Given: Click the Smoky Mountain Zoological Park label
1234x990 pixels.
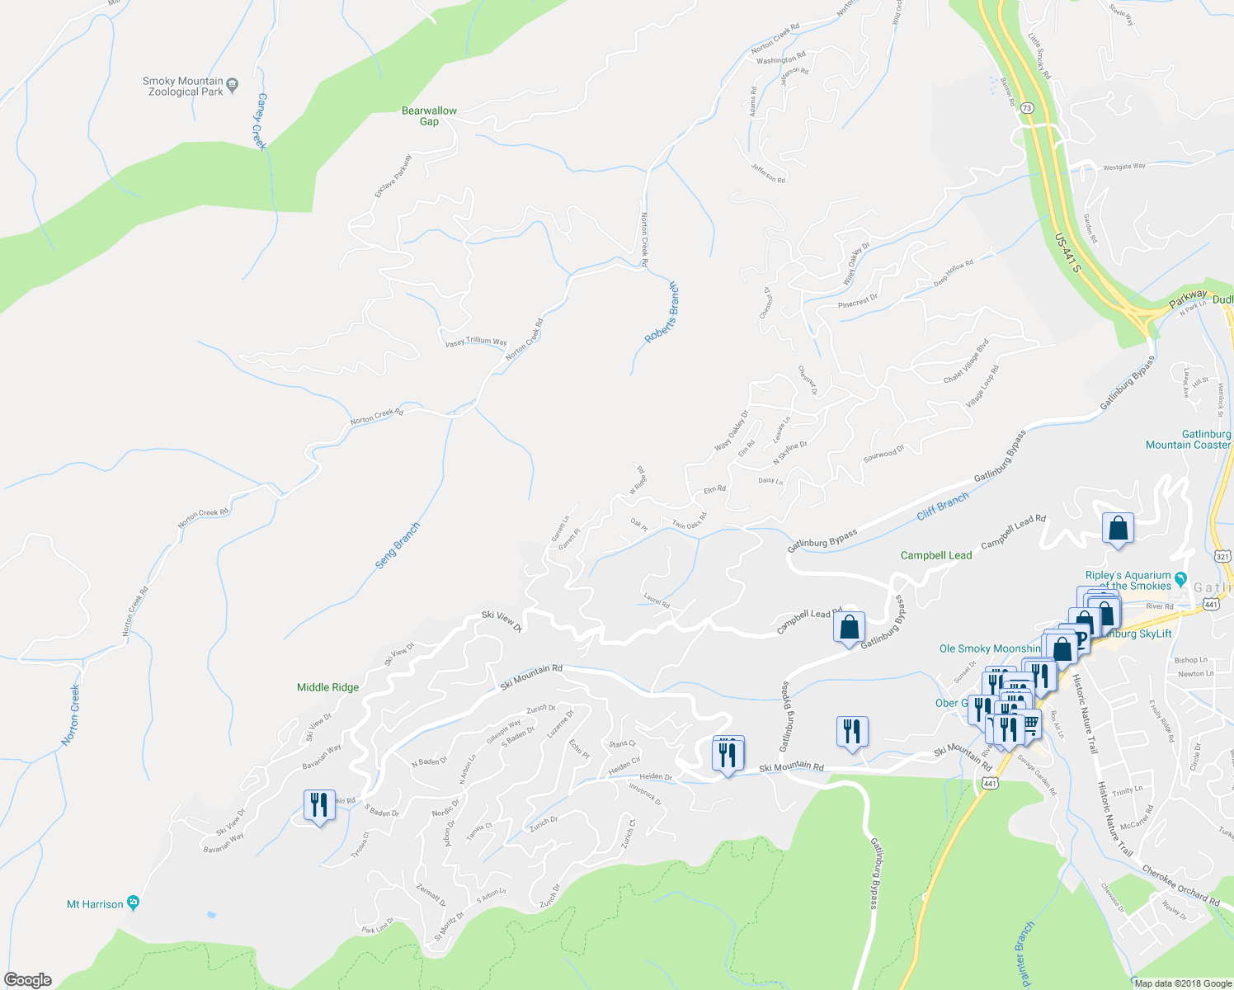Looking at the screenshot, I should point(183,87).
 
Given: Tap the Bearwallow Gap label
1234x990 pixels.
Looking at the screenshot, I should point(429,115).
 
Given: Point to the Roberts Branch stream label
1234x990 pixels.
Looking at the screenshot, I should point(662,313).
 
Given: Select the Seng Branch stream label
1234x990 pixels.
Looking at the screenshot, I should point(398,545).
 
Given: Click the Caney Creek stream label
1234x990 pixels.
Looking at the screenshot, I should point(261,121).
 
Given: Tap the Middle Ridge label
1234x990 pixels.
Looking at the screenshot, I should point(327,687).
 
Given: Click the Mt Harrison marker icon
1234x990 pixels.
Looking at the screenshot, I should point(134,903).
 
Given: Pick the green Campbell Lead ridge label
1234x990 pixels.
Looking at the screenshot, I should point(935,555).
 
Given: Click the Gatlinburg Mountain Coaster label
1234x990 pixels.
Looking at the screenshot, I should point(1188,439).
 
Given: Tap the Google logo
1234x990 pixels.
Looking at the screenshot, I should point(28,980).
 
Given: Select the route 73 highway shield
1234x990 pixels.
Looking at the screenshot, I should point(1026,108).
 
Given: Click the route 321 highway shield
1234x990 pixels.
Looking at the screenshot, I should point(1222,557).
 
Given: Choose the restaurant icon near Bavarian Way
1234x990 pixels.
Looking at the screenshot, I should point(319,804).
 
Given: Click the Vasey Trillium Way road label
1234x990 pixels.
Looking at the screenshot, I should point(476,342).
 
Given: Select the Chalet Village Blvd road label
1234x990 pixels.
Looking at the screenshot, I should point(966,361).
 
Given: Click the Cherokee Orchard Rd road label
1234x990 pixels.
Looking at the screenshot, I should point(1180,885).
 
